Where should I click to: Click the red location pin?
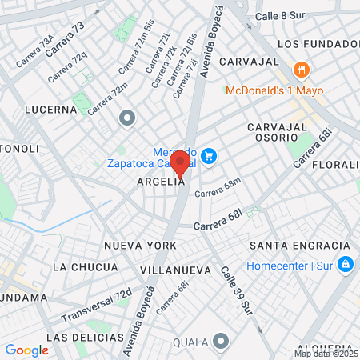[x=180, y=163]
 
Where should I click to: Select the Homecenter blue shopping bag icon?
[x=345, y=263]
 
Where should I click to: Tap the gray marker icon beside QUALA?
[x=220, y=343]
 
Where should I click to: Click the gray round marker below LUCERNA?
[x=126, y=120]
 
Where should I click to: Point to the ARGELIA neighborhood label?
[x=162, y=182]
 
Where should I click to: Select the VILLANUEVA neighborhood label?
[x=174, y=270]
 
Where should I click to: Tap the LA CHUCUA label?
[x=84, y=266]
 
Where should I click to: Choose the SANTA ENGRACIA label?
[x=299, y=245]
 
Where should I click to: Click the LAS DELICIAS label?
[x=78, y=338]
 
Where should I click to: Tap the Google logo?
[x=26, y=350]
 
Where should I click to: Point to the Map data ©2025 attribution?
[x=326, y=354]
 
